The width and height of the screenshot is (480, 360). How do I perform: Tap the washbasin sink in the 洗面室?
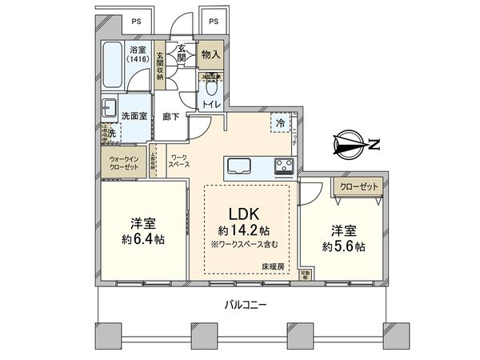pos(109,109)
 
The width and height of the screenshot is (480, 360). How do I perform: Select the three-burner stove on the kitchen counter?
pos(284,166)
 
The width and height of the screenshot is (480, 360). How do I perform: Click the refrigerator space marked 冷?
pos(281,122)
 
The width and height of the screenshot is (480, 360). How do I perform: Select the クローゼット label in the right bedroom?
pos(358,185)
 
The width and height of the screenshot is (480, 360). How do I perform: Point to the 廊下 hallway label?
pos(170,116)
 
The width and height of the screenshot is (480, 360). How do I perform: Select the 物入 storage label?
pos(212,54)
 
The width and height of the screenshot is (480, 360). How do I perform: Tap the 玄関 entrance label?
pos(182,54)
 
